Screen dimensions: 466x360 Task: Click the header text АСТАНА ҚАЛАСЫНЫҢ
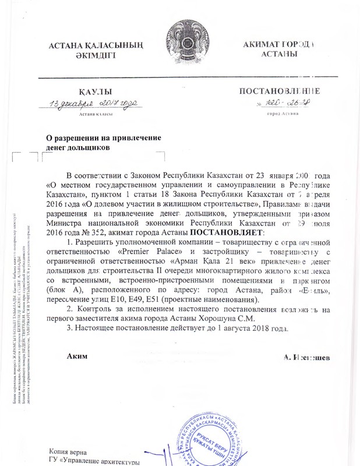click(x=97, y=45)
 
